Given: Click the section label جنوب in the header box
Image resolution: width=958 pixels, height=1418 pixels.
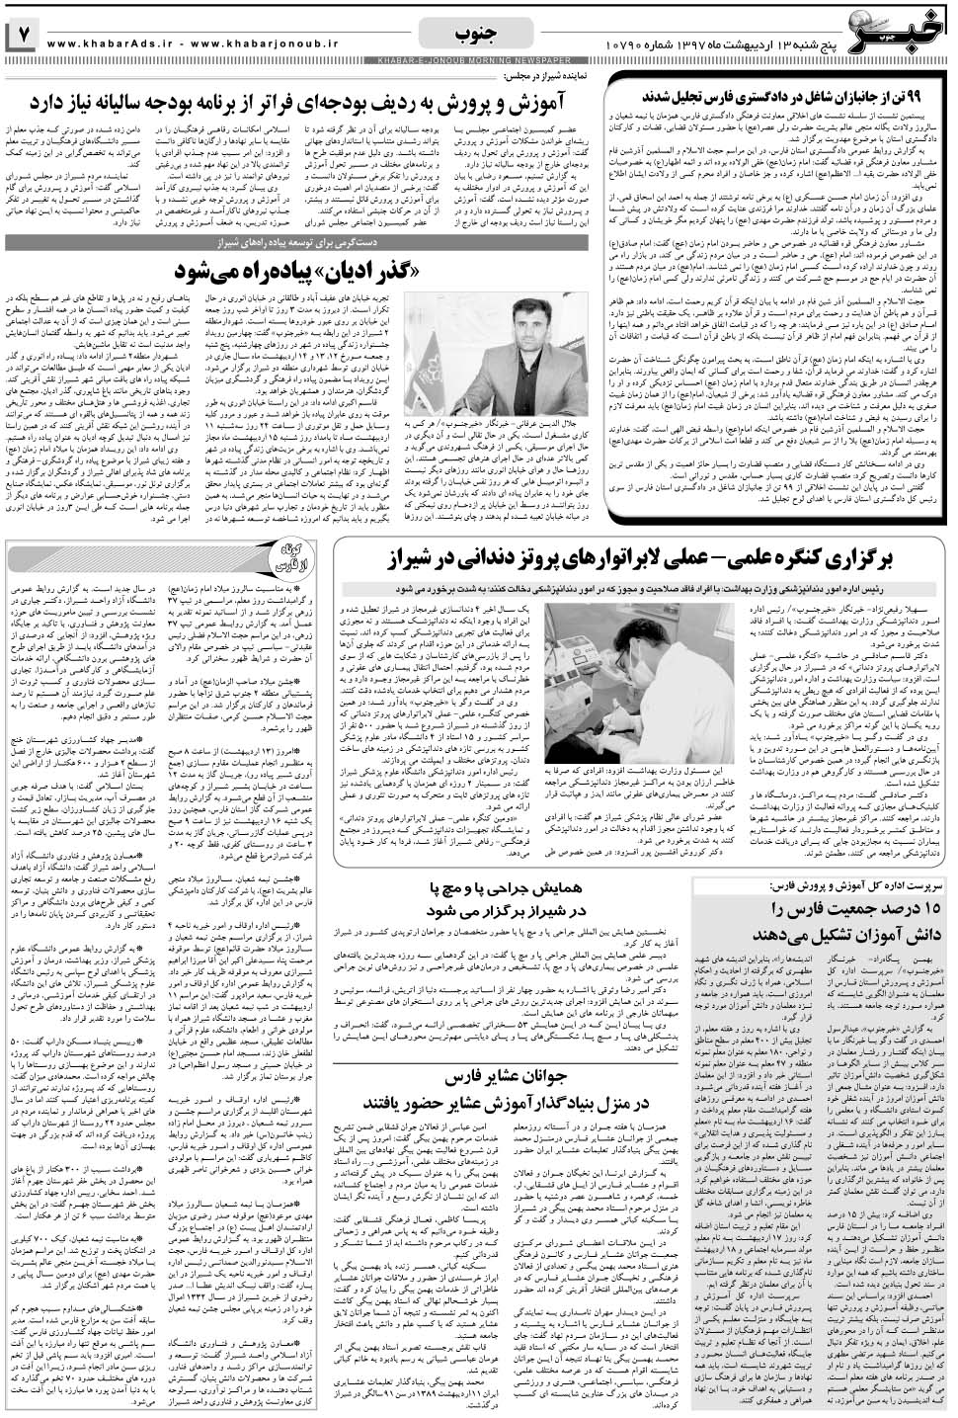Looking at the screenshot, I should (x=479, y=34).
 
